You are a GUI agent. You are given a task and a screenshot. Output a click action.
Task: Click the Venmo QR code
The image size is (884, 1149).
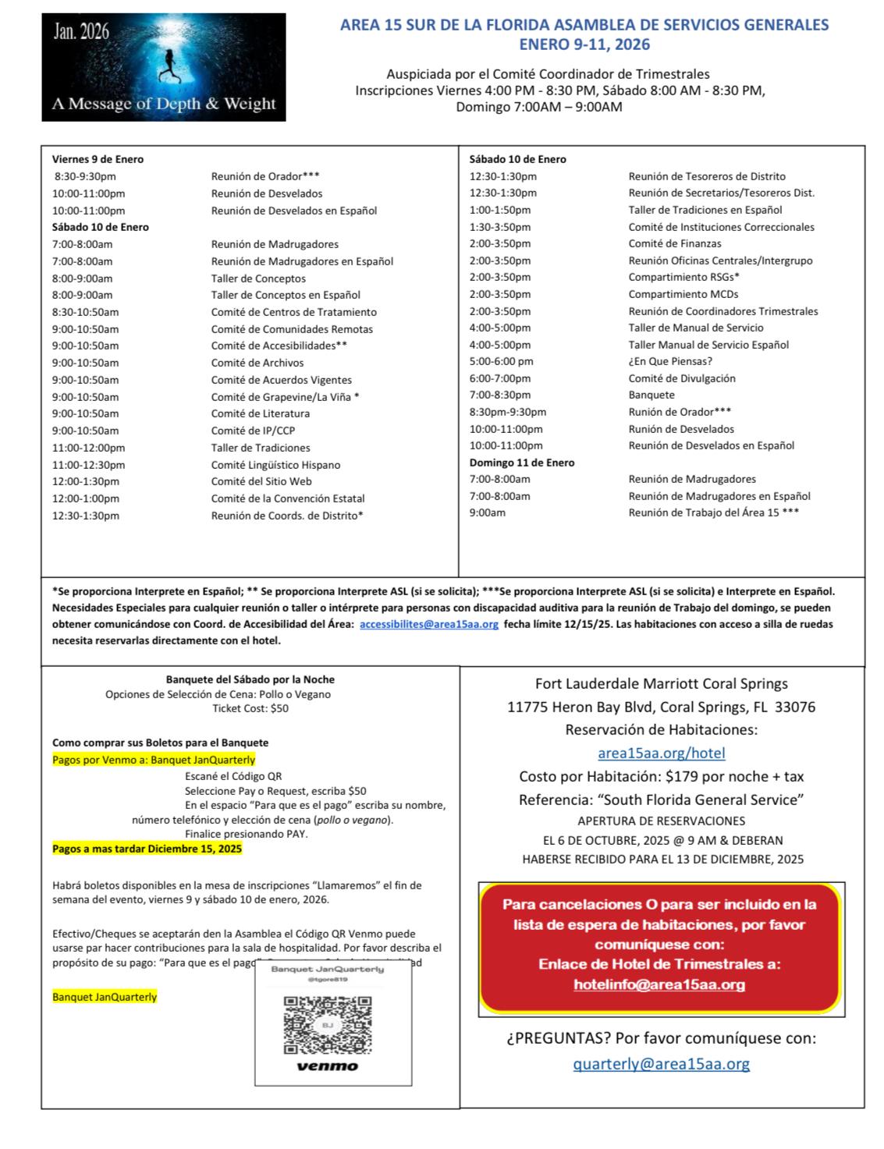327,1024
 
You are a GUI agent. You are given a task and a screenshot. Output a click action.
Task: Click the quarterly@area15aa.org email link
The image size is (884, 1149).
661,1063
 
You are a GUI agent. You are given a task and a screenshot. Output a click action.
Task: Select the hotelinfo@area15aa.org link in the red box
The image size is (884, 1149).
659,984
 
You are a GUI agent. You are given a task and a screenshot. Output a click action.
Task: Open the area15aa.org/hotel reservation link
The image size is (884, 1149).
661,753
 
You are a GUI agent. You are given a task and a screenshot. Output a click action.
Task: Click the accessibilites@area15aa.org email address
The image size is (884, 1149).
429,625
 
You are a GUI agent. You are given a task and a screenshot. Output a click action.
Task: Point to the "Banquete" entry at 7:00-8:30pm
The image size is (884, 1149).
651,395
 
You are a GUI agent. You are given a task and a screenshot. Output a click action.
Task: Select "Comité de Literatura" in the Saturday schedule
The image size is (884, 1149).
260,413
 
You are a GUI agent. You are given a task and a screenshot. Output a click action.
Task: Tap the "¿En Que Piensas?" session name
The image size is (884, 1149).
670,361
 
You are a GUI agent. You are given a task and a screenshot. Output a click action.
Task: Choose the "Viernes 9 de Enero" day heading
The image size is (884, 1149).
98,159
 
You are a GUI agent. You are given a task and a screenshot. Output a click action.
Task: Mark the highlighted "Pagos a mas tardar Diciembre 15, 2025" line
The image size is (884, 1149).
147,849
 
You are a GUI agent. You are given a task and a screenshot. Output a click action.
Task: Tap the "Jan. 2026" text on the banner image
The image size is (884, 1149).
81,33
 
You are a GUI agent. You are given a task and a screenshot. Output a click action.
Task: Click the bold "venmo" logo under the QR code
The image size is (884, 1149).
327,1066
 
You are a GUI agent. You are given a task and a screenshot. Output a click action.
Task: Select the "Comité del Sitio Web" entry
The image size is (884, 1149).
261,481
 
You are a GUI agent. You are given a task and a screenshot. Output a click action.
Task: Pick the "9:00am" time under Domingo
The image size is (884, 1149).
487,512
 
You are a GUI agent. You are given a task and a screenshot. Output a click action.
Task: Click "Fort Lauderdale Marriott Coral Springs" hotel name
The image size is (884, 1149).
661,684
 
